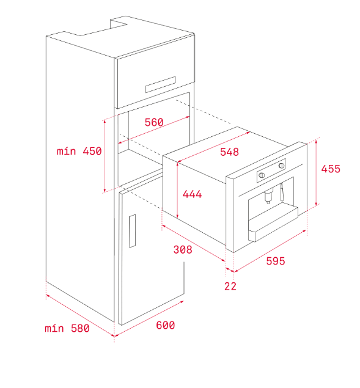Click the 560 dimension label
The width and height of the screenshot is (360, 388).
[154, 122]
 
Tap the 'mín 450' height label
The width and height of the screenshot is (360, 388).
[79, 151]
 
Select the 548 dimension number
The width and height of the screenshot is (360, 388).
[230, 152]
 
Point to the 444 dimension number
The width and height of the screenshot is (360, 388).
[192, 194]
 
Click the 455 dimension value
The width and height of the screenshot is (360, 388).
[331, 169]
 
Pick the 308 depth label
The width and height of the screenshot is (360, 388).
[183, 249]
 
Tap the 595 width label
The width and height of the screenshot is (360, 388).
[276, 261]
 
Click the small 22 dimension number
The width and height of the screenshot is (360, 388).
[230, 286]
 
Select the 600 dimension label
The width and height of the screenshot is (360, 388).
[166, 325]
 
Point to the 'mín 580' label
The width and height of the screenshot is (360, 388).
[67, 328]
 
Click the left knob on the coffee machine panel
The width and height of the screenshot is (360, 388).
[262, 175]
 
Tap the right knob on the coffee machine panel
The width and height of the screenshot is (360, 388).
[282, 166]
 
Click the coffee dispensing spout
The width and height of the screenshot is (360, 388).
[268, 196]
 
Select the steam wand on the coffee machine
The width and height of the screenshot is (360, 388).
[282, 192]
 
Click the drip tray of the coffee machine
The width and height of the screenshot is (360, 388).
[273, 224]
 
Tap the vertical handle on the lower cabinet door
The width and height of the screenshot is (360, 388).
[132, 231]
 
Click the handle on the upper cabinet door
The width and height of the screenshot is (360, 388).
[160, 84]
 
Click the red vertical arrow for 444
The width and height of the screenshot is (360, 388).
[177, 190]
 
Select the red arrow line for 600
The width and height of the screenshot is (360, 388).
[149, 318]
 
